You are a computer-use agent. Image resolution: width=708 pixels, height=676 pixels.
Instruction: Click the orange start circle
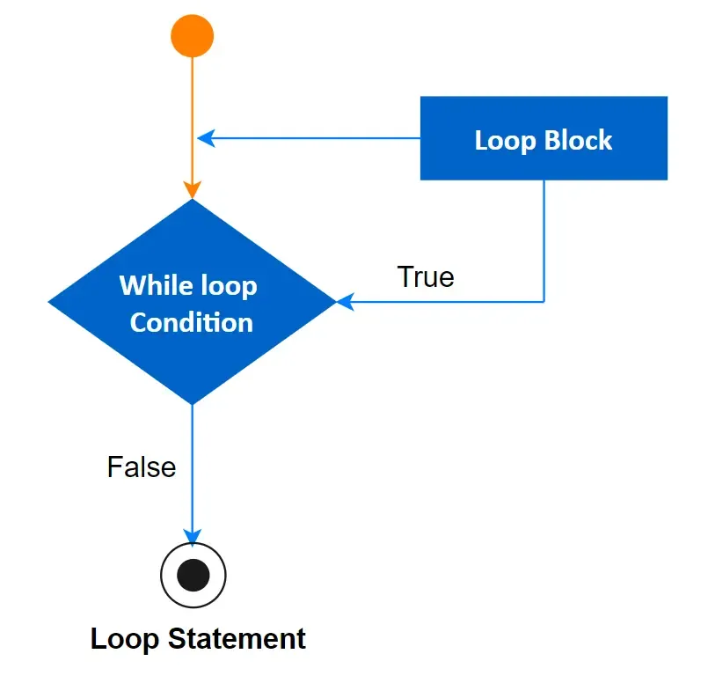[192, 37]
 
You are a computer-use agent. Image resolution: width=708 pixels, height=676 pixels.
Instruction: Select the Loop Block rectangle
[544, 139]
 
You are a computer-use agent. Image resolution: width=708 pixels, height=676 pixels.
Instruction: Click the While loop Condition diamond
[192, 302]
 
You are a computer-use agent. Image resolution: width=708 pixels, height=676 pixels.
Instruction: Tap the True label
[426, 276]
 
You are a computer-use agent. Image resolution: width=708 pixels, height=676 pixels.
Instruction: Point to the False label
[142, 467]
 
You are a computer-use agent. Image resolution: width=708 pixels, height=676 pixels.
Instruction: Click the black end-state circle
[193, 576]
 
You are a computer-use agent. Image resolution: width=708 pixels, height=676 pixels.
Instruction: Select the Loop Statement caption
[198, 638]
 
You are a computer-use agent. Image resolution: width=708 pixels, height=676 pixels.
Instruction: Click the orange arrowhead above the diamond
[192, 189]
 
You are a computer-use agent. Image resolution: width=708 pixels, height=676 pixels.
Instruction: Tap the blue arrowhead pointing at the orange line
[206, 138]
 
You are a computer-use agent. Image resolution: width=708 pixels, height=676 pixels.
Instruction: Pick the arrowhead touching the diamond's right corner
[345, 302]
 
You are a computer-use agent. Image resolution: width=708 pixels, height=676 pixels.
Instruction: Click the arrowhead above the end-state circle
[192, 536]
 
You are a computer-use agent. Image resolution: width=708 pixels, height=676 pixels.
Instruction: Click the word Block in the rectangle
[578, 140]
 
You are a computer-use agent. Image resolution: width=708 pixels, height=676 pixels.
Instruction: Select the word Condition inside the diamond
[192, 322]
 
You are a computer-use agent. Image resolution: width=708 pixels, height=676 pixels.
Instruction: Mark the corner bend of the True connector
[544, 302]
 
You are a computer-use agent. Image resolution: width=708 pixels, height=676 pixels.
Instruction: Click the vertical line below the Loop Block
[544, 238]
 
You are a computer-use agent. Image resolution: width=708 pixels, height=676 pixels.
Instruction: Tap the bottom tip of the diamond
[192, 402]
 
